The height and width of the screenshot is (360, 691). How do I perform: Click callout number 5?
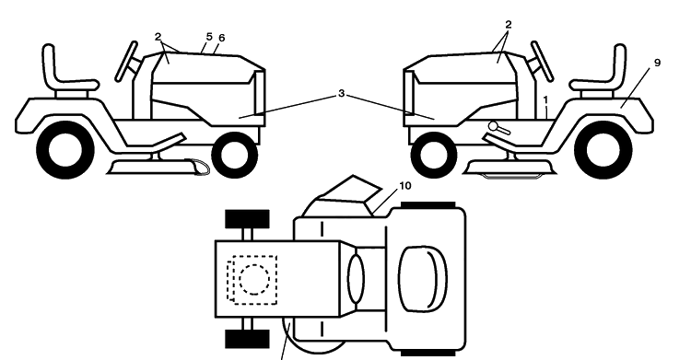pos(209,37)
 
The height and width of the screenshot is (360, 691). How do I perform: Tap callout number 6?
pos(221,39)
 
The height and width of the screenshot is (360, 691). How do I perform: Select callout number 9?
pos(657,63)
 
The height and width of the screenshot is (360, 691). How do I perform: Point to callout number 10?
pos(404,186)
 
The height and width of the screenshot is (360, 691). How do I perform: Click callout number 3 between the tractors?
pos(341,94)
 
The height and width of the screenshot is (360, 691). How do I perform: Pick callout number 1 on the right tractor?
pos(545,100)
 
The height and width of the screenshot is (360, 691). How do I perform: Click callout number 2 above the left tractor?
pos(158,37)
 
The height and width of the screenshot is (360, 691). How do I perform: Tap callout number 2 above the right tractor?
pos(508,25)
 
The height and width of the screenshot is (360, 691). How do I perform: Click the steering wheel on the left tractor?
pos(126,62)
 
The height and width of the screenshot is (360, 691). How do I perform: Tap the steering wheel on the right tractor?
pos(542,62)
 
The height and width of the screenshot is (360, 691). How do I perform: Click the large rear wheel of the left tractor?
pos(65,150)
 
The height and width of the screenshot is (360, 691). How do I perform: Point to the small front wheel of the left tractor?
pos(235,155)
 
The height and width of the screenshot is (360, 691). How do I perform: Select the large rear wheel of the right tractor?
pos(603,150)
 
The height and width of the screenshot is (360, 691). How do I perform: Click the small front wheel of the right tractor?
pos(434,155)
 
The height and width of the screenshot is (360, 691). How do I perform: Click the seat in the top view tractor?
pos(423,278)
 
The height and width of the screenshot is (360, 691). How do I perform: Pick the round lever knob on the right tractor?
pos(494,126)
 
